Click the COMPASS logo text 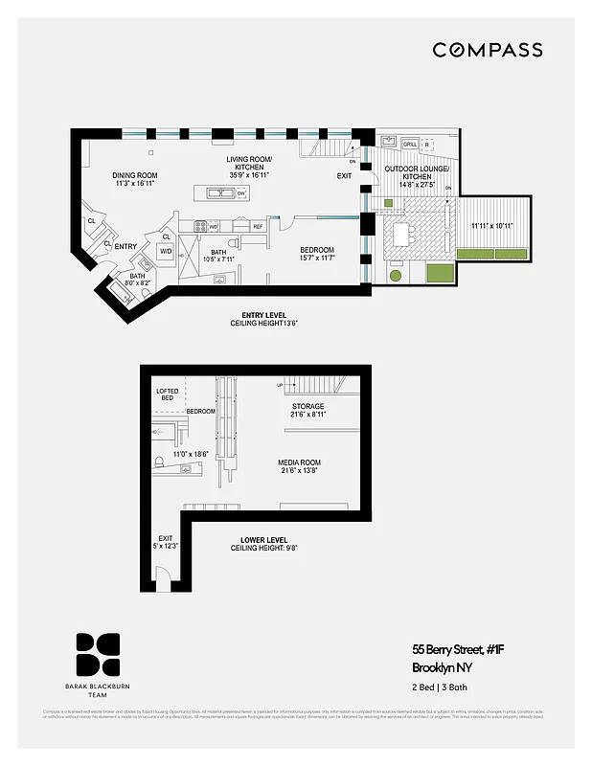[x=488, y=50]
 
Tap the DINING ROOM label [x=135, y=175]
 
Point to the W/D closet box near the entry [x=166, y=252]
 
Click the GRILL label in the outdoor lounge [x=410, y=145]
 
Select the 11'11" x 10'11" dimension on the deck [x=491, y=226]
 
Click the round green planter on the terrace [x=396, y=276]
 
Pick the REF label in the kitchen [x=258, y=226]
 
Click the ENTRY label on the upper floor [x=125, y=246]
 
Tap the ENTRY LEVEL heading [x=263, y=316]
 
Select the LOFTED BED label [x=168, y=394]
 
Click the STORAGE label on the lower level [x=307, y=406]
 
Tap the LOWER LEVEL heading [x=263, y=540]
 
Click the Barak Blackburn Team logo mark [x=99, y=654]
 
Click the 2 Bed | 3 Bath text [x=440, y=688]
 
